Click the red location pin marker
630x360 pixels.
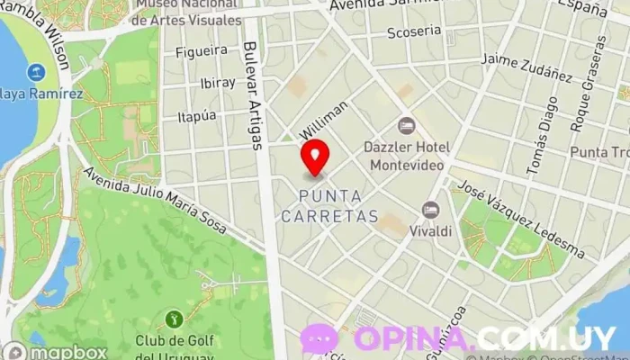click(315, 157)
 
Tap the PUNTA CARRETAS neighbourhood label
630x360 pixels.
click(329, 206)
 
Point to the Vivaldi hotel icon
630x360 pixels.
click(431, 210)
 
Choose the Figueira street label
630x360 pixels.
click(202, 50)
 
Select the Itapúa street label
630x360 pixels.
click(197, 116)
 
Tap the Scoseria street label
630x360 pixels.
click(414, 31)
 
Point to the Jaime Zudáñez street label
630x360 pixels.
click(526, 67)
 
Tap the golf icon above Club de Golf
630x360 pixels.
click(173, 318)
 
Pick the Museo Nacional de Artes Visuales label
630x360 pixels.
click(189, 12)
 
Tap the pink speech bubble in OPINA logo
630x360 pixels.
click(319, 338)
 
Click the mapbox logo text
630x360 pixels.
click(66, 352)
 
